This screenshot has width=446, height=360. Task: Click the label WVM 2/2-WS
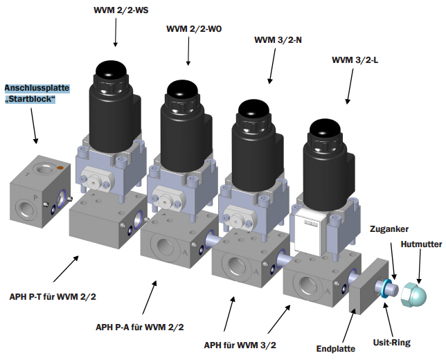pyautogui.click(x=122, y=10)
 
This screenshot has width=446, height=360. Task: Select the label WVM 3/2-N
pyautogui.click(x=278, y=40)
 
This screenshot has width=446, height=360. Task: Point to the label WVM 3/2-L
pyautogui.click(x=355, y=60)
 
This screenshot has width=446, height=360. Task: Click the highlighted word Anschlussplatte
pyautogui.click(x=36, y=89)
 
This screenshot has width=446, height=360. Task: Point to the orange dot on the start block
pyautogui.click(x=60, y=168)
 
